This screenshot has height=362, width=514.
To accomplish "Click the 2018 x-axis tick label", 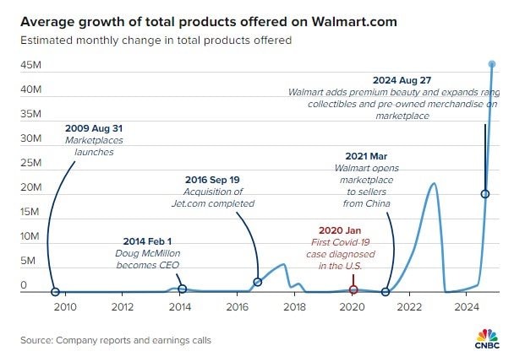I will [x=293, y=307].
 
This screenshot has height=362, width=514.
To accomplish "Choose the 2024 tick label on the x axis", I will [x=467, y=307].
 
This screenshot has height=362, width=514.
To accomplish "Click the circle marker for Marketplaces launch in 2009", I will [x=55, y=292].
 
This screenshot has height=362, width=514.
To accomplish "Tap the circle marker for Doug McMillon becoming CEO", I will [x=182, y=289].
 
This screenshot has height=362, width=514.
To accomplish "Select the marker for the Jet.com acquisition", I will [x=258, y=282].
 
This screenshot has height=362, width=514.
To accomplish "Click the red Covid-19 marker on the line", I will [x=353, y=289].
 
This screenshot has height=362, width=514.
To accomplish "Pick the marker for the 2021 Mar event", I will [x=385, y=292].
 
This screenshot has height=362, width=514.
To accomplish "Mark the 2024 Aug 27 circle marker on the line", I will [x=484, y=194].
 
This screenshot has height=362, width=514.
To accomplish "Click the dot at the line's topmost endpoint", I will [x=492, y=64].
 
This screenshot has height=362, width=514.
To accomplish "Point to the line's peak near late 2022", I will [x=434, y=183].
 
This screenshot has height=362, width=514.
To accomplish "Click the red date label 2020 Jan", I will [x=340, y=230].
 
